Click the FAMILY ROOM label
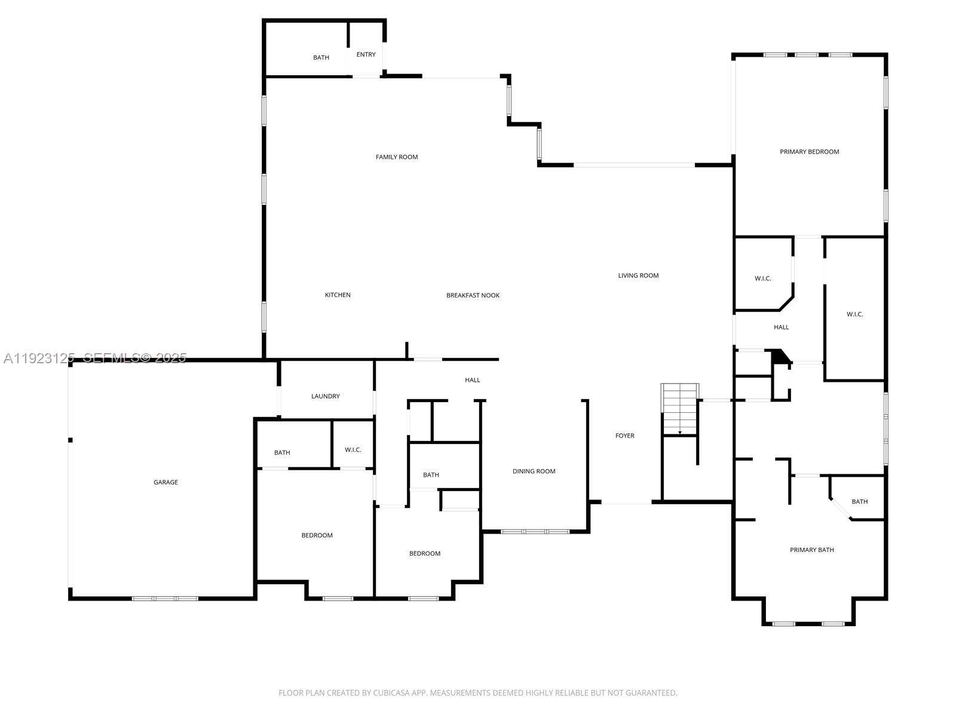(x=397, y=157)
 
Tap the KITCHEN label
(x=338, y=295)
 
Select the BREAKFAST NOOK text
(x=473, y=295)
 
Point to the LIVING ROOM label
(x=638, y=275)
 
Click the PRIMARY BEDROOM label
(x=809, y=152)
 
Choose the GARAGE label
(x=166, y=482)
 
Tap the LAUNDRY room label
(x=325, y=396)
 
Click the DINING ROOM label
(x=534, y=471)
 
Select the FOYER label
(x=625, y=436)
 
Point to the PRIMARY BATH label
(x=811, y=550)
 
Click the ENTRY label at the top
(x=366, y=54)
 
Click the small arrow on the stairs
(x=680, y=432)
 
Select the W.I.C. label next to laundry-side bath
(x=353, y=450)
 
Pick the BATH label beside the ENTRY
(x=321, y=57)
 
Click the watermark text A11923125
(x=38, y=358)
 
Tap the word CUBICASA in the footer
(x=390, y=693)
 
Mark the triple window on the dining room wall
(x=535, y=531)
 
